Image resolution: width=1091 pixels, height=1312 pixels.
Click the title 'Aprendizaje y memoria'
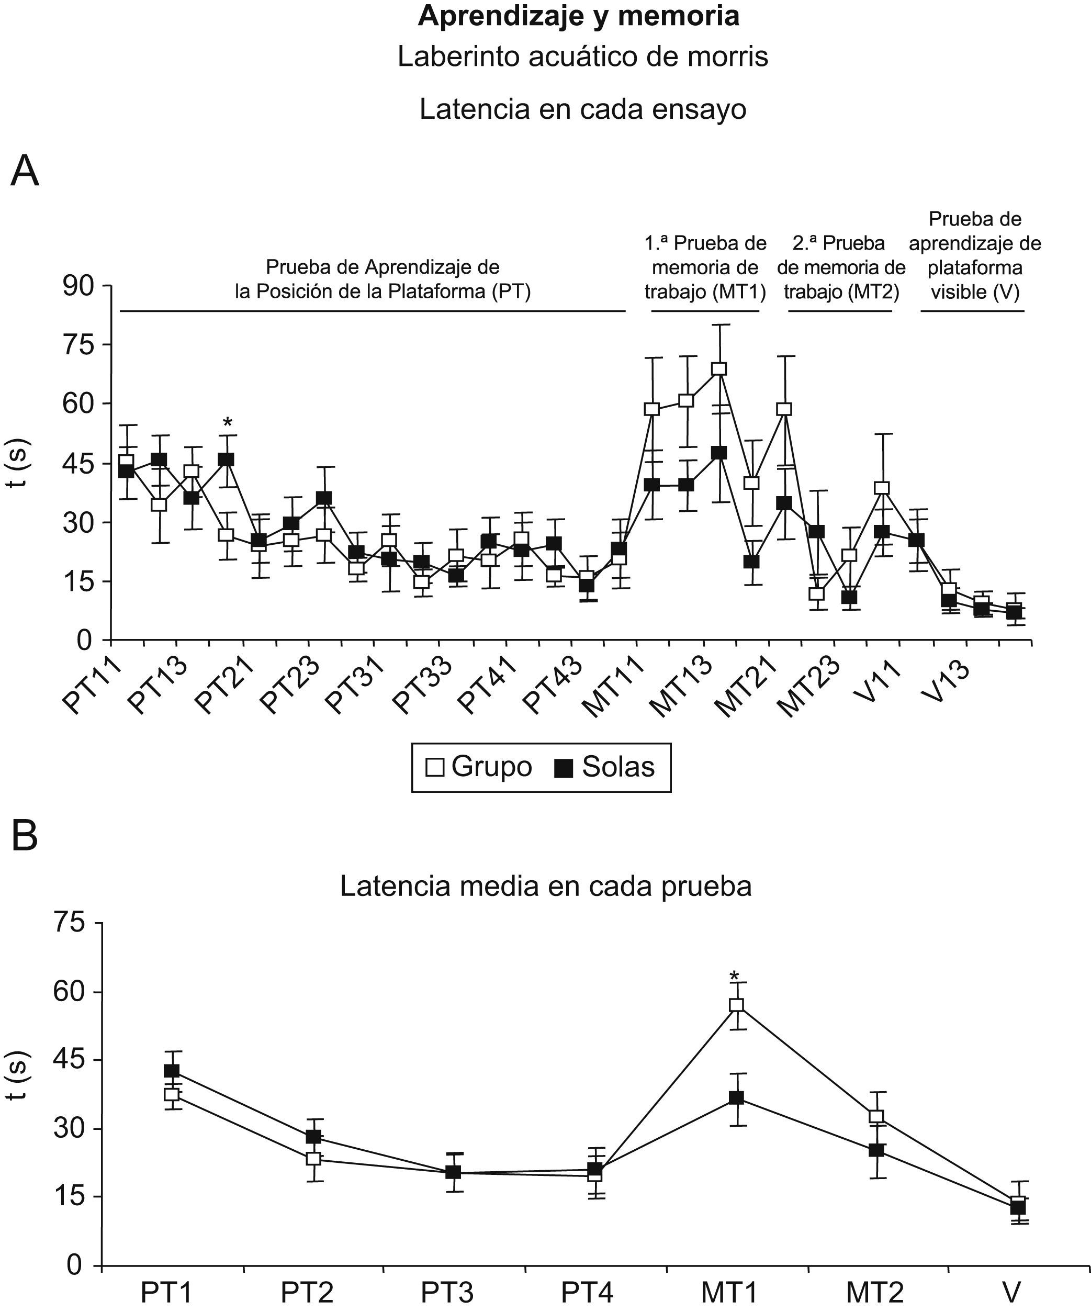point(578,16)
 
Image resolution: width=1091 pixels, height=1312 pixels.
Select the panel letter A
point(25,171)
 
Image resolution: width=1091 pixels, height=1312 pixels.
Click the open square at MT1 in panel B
point(736,1005)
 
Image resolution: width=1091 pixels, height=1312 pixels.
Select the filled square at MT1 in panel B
point(736,1098)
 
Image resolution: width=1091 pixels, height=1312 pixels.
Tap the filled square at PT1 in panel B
point(171,1070)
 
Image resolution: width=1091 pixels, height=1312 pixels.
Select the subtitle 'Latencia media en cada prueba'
point(545,886)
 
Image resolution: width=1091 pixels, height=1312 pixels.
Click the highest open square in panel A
point(719,368)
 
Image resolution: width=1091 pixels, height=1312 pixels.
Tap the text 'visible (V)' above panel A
point(975,292)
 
